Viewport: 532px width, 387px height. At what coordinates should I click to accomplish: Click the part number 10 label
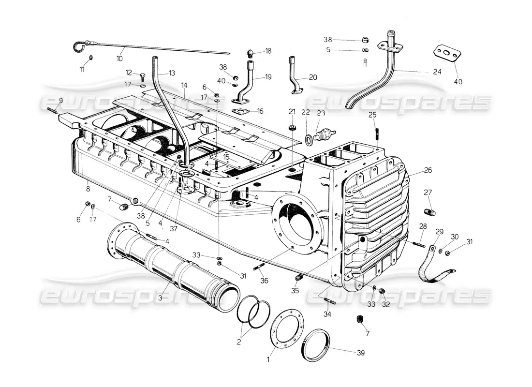119,59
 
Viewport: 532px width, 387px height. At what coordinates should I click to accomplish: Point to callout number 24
438,72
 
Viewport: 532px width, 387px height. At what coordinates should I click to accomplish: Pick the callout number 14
184,85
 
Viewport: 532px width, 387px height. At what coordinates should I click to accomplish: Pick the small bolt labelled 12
143,76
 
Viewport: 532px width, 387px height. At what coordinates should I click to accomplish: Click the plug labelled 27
429,212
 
